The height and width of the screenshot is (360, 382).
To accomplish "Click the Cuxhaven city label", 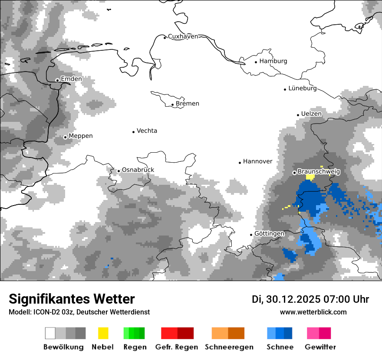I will [x=183, y=36].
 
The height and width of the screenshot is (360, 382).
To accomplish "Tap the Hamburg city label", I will [x=273, y=61].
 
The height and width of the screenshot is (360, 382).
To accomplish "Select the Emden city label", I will [x=71, y=79].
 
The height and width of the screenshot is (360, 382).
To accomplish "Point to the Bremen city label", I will [x=188, y=104].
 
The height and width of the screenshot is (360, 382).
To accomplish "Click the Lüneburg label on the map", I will [x=303, y=88].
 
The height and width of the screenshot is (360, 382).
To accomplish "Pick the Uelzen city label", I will [x=311, y=114].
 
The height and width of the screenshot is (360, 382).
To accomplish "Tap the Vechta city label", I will [x=147, y=131].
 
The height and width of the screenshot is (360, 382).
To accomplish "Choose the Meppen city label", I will [x=81, y=136].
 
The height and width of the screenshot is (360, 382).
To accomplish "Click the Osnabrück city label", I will [x=138, y=170].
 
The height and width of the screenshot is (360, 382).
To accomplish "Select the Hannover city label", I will [x=257, y=161].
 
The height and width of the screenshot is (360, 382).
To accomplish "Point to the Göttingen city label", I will [x=269, y=233].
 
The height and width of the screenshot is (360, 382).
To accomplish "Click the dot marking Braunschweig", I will [x=294, y=173].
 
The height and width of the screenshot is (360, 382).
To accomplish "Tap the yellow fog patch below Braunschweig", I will [x=310, y=177].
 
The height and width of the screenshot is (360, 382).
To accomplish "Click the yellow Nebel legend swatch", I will [x=103, y=333].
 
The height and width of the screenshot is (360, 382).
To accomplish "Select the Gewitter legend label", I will [x=320, y=347].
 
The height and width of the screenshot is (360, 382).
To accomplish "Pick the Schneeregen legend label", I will [x=229, y=347].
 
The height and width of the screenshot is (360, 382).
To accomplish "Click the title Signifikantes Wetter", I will [x=72, y=299].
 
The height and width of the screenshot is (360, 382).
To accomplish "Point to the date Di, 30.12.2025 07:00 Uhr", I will [x=310, y=299].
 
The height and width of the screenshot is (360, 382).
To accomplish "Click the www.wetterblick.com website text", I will [x=313, y=312].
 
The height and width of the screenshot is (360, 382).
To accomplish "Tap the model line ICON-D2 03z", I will [x=79, y=312].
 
